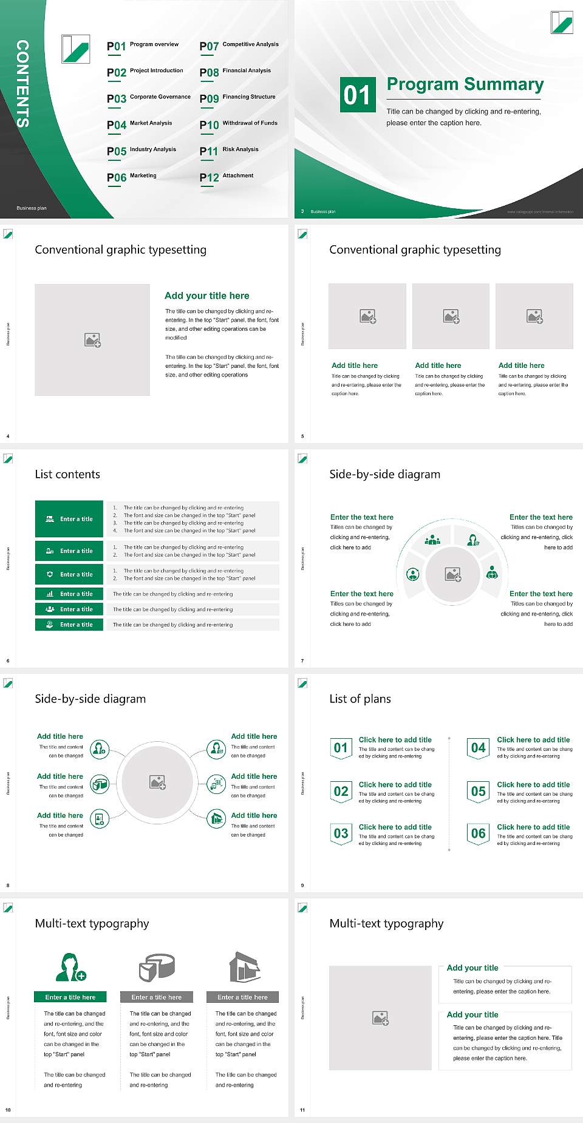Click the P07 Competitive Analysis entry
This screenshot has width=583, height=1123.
pyautogui.click(x=239, y=46)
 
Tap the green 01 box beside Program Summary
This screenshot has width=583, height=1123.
pyautogui.click(x=357, y=95)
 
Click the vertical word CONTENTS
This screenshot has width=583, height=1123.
pyautogui.click(x=22, y=83)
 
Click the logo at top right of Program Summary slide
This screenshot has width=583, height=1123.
pyautogui.click(x=562, y=22)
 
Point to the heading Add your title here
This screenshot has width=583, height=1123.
pyautogui.click(x=206, y=296)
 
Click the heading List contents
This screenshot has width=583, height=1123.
pyautogui.click(x=67, y=474)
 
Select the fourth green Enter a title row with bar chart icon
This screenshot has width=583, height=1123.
pyautogui.click(x=69, y=594)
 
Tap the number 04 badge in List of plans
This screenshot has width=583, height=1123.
pyautogui.click(x=479, y=748)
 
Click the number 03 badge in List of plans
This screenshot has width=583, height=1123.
pyautogui.click(x=341, y=833)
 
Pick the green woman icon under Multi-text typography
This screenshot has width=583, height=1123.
pyautogui.click(x=70, y=967)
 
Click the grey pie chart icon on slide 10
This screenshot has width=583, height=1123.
pyautogui.click(x=157, y=967)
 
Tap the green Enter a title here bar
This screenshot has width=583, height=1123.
pyautogui.click(x=70, y=997)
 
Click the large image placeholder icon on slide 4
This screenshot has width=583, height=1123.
pyautogui.click(x=92, y=339)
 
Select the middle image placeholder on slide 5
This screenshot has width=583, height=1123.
pyautogui.click(x=451, y=316)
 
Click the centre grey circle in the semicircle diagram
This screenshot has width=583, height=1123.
pyautogui.click(x=452, y=574)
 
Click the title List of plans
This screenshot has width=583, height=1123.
pyautogui.click(x=360, y=699)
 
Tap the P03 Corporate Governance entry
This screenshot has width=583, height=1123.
pyautogui.click(x=149, y=98)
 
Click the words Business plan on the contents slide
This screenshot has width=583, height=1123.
pyautogui.click(x=32, y=208)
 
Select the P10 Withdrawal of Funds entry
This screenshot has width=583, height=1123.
pyautogui.click(x=239, y=124)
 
